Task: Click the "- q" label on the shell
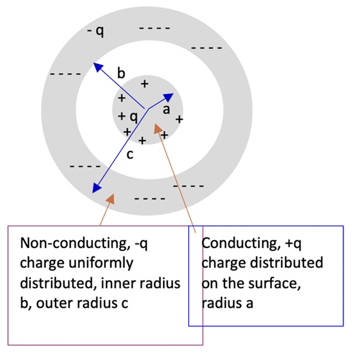point(95,30)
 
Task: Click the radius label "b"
point(121,73)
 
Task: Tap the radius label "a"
point(166,110)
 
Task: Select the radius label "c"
point(130,154)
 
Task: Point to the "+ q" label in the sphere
point(128,116)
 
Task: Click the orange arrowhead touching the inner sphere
point(158,127)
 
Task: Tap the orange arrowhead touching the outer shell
point(109,199)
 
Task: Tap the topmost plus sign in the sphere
point(144,84)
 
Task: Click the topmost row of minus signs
point(155,27)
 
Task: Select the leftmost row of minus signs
point(65,74)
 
